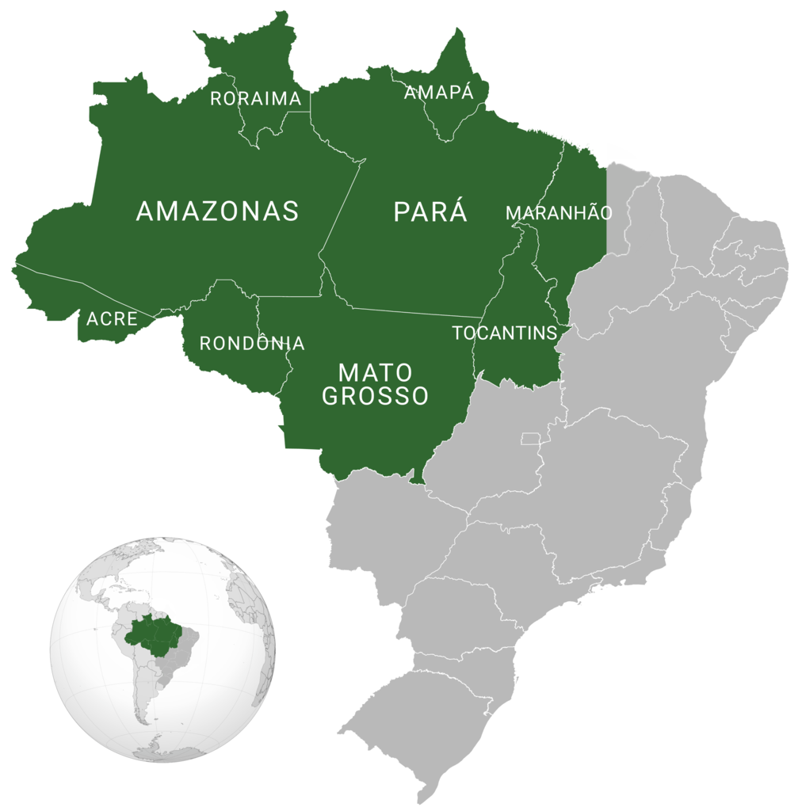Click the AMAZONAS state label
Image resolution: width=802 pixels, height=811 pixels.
click(217, 211)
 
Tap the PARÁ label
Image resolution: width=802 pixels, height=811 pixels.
click(430, 212)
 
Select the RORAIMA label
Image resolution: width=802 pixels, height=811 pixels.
click(256, 99)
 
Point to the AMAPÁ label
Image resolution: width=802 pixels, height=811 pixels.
click(438, 93)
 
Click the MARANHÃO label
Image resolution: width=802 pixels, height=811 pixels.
click(559, 213)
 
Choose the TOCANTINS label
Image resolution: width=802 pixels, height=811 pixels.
click(505, 333)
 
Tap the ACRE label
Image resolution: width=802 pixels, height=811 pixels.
click(112, 319)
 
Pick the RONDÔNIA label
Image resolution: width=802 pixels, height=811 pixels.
click(251, 343)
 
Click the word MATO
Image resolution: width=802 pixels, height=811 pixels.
click(375, 372)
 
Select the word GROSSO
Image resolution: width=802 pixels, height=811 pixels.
click(375, 396)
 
